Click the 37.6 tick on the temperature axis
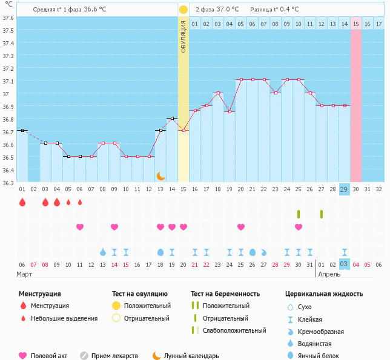pyautogui.click(x=8, y=18)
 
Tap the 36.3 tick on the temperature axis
pyautogui.click(x=8, y=182)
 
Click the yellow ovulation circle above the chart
pyautogui.click(x=183, y=10)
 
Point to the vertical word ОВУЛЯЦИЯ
pyautogui.click(x=183, y=36)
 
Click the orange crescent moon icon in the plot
pyautogui.click(x=160, y=175)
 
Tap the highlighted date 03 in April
pyautogui.click(x=345, y=264)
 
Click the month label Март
pyautogui.click(x=24, y=274)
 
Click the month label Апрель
pyautogui.click(x=329, y=274)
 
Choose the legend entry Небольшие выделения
pyautogui.click(x=64, y=318)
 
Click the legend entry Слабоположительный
pyautogui.click(x=234, y=330)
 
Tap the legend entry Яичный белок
pyautogui.click(x=323, y=356)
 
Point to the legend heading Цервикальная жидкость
pyautogui.click(x=324, y=294)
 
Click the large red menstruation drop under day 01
pyautogui.click(x=22, y=202)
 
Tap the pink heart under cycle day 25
pyautogui.click(x=299, y=227)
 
